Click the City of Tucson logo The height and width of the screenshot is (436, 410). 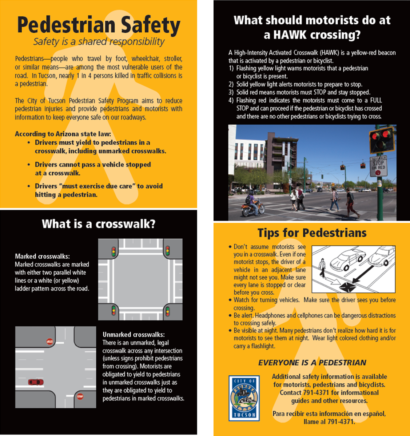pos(244,398)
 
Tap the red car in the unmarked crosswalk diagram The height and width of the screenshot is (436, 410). pos(36,382)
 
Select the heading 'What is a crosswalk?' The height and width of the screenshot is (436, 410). pos(98,224)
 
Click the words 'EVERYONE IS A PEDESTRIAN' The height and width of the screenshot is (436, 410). pos(312,363)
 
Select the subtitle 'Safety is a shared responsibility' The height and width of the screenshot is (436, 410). pos(99,42)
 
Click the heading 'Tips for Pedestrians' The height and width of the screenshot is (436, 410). pos(312,233)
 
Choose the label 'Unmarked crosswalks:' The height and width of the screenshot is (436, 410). pos(134,335)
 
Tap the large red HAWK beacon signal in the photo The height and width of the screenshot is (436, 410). pos(381,140)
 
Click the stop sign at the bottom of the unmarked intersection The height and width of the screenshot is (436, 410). pos(80,397)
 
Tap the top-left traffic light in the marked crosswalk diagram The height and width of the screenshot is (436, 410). pos(114,251)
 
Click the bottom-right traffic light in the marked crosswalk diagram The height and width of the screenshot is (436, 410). pos(168,311)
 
